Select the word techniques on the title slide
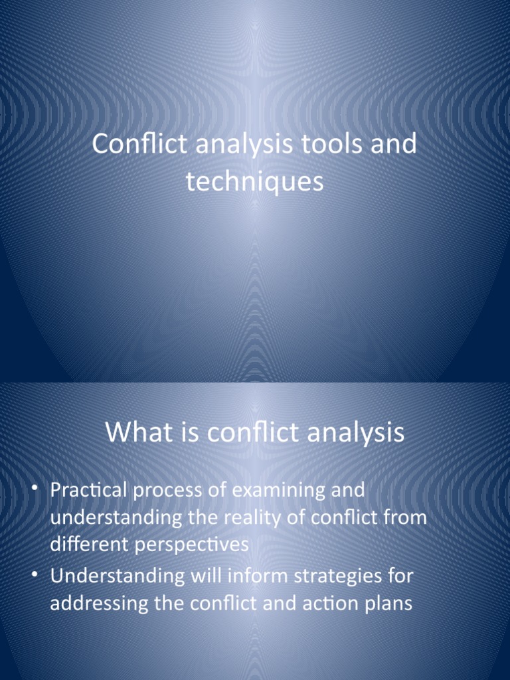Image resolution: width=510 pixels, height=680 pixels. point(255,181)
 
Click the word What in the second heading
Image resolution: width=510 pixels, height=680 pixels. point(137,433)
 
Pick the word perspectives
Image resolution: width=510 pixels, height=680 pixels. point(187,545)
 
